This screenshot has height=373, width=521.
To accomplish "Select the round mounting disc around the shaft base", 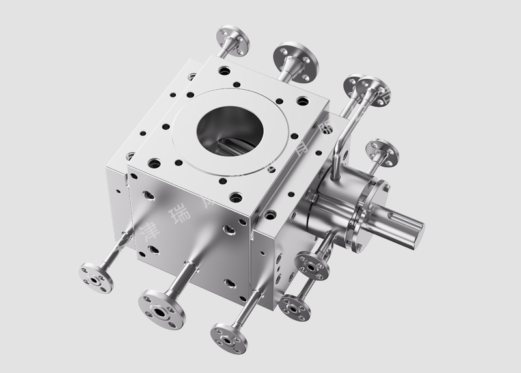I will [374, 215].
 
